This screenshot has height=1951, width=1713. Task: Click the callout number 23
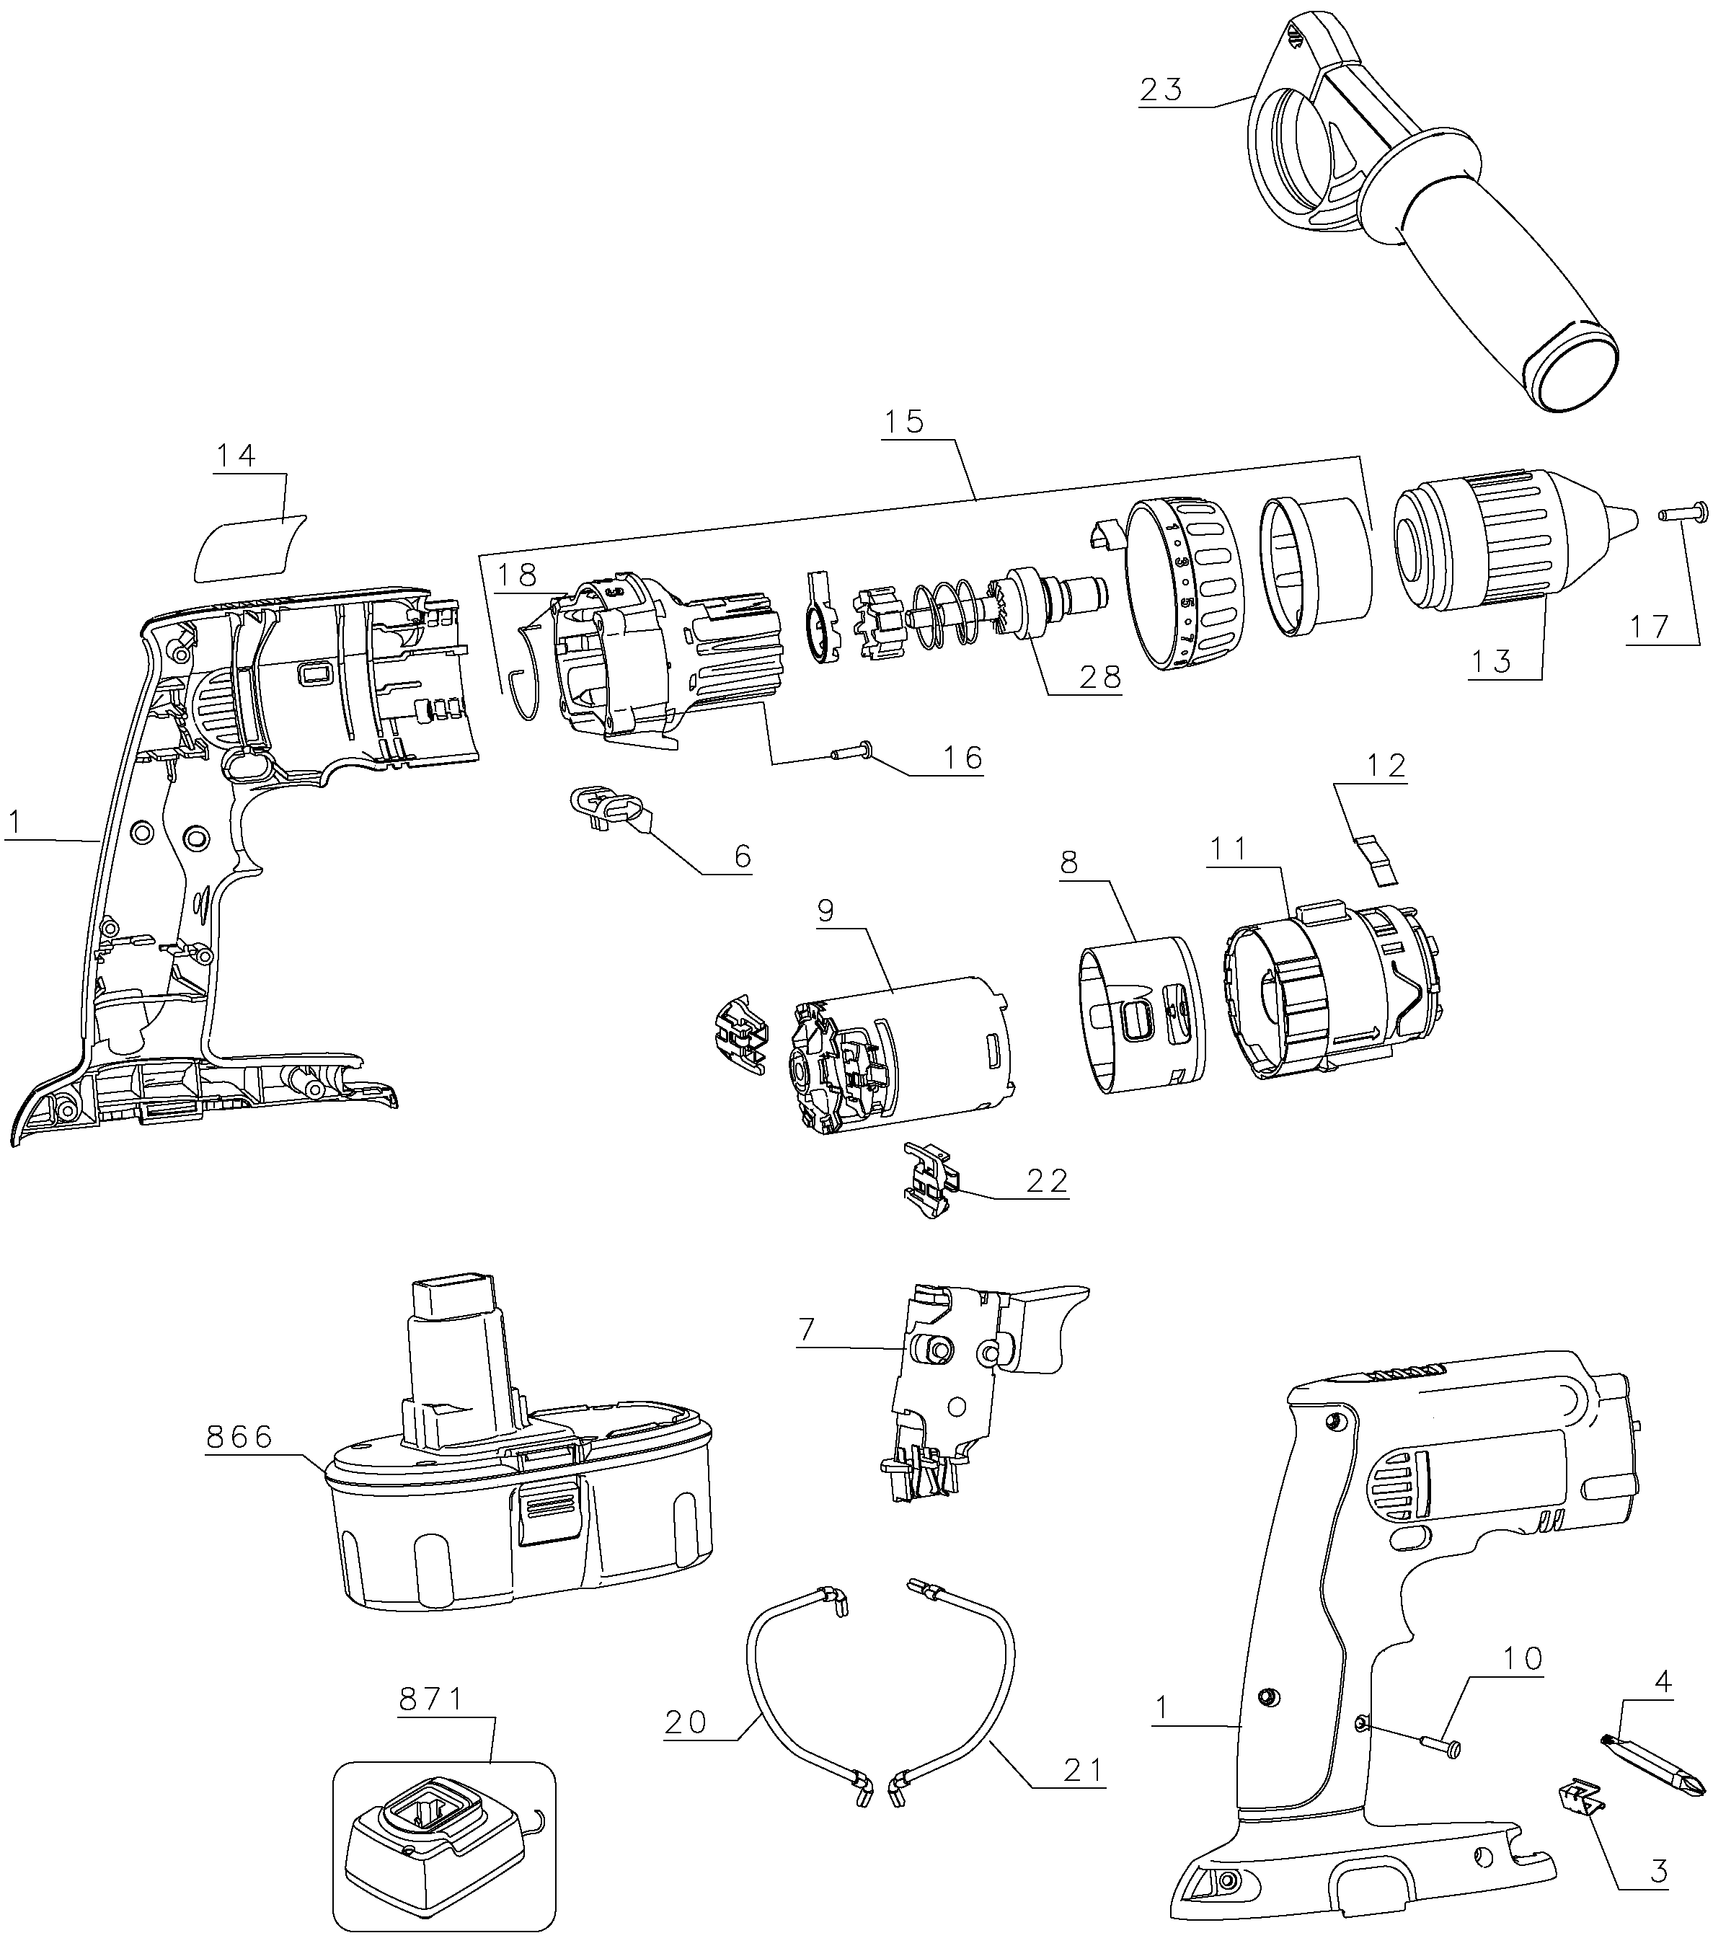point(1161,89)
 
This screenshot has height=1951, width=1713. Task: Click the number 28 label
point(1099,677)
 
